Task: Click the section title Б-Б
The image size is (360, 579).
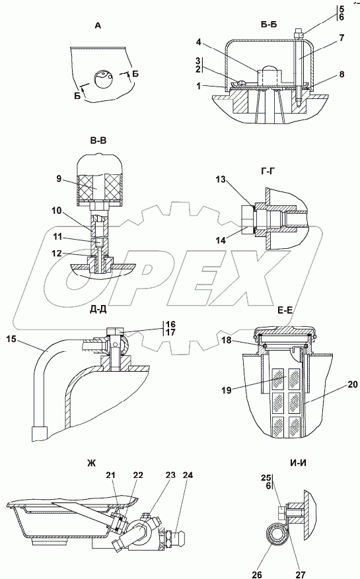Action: (269, 24)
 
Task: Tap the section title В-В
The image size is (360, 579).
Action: (98, 141)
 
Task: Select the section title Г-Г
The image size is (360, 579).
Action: (268, 170)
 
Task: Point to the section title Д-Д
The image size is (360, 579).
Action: (98, 309)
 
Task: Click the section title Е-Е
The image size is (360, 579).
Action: (285, 310)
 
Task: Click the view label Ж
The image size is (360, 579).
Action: (92, 463)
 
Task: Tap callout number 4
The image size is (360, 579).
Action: (198, 42)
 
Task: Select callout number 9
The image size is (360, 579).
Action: (59, 180)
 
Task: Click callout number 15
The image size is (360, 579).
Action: (11, 338)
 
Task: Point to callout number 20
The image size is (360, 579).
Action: (353, 385)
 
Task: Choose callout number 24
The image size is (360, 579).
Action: (188, 475)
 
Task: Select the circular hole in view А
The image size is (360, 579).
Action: (104, 79)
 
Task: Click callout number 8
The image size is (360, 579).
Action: (342, 75)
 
